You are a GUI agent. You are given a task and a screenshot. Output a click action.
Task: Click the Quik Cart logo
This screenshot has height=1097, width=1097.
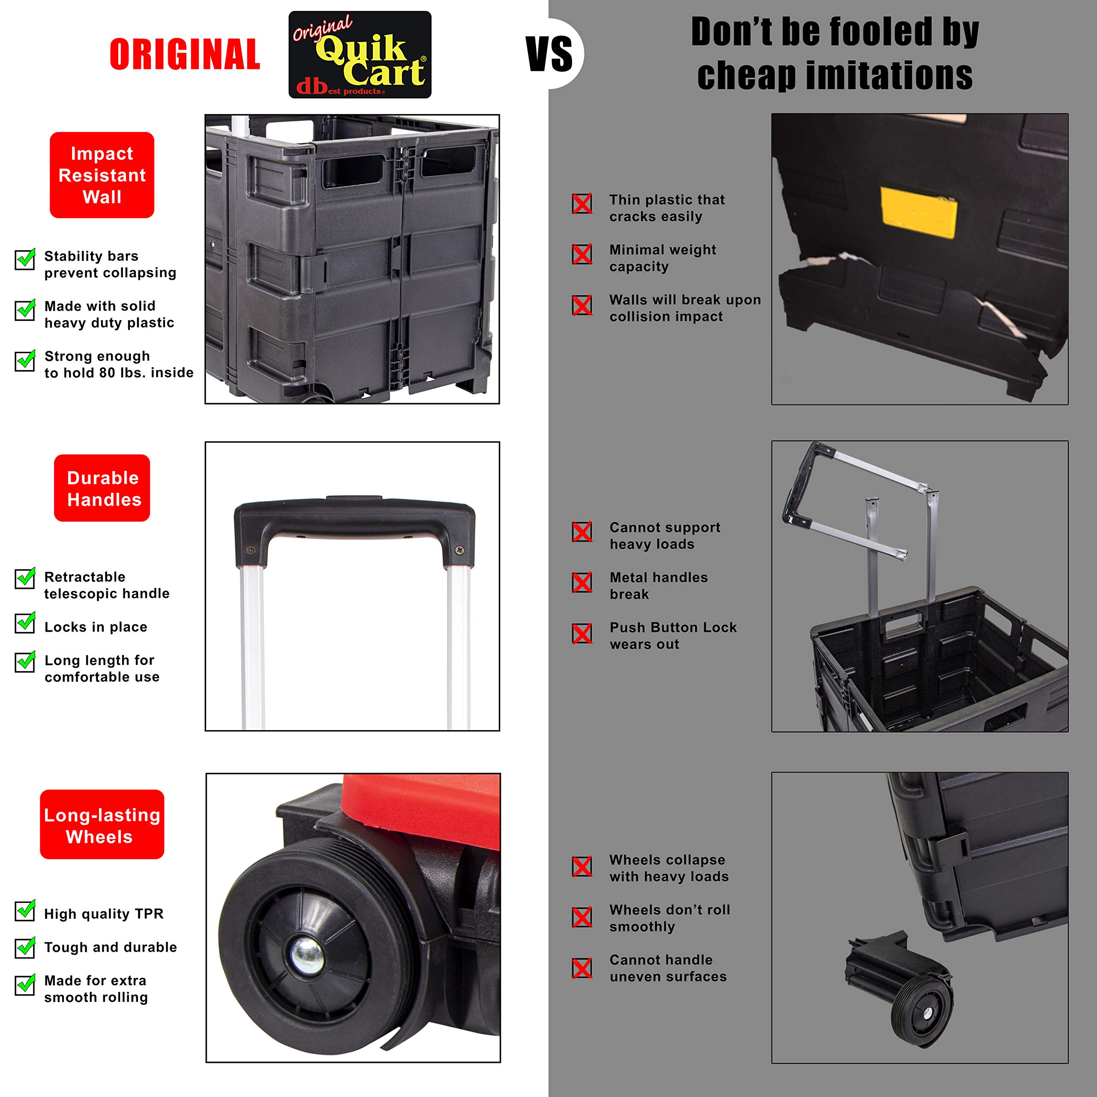coord(360,54)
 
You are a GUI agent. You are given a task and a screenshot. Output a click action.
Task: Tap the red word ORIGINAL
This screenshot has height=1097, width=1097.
coord(185,54)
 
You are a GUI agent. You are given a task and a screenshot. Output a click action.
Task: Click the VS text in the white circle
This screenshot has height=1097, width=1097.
coord(550,54)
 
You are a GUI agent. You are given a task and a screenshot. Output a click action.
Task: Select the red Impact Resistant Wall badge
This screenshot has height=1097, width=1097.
coord(102,175)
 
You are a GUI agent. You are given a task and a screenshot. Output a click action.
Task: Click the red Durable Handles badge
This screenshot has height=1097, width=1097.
coord(102,489)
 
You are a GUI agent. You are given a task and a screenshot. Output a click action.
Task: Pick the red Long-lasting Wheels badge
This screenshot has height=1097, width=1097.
coord(102,825)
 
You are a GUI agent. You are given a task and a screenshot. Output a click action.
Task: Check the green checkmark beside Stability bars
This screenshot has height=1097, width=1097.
coord(25,259)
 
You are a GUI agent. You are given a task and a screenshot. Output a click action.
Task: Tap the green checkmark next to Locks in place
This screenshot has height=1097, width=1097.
coord(25,623)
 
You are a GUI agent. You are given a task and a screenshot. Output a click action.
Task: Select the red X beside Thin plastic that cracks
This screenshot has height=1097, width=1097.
coord(582,203)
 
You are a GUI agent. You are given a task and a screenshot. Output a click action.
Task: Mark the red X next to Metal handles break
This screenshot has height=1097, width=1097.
coord(582,582)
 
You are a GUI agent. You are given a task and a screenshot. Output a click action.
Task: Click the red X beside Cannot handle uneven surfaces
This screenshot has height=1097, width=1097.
coord(582,968)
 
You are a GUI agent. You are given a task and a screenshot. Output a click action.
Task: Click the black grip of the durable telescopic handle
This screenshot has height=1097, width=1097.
coord(354,518)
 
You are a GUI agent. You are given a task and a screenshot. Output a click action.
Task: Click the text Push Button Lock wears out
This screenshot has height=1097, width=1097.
coord(673,636)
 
